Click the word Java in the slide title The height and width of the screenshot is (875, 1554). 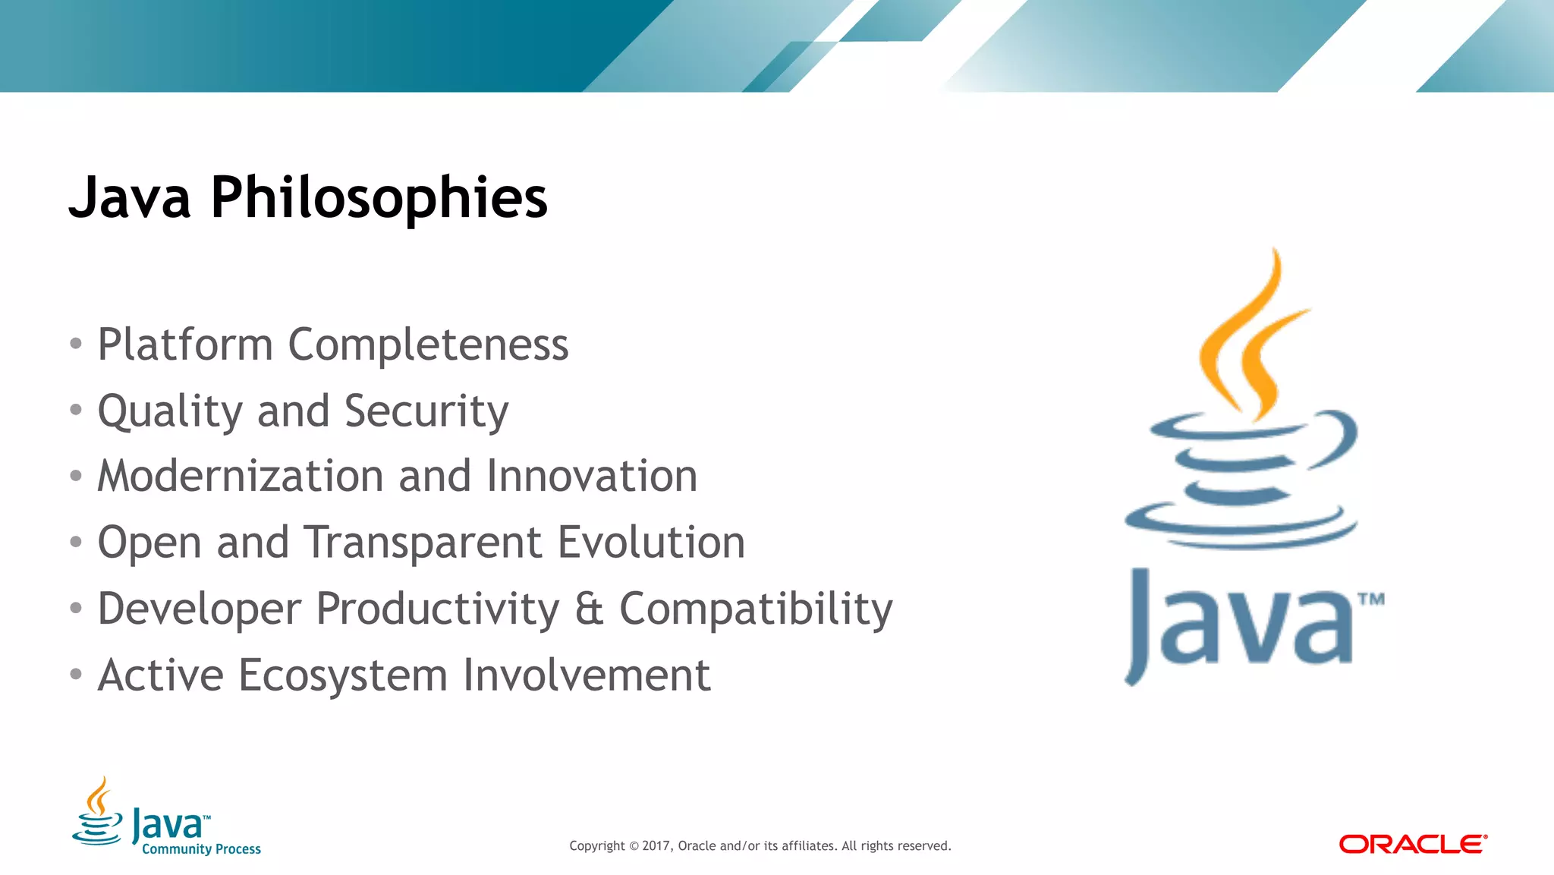[x=130, y=197]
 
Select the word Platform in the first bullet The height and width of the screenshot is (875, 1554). [x=185, y=345]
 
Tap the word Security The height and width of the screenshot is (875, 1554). [x=426, y=411]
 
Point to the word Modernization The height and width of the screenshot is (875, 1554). [x=241, y=477]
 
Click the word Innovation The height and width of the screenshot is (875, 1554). [x=591, y=477]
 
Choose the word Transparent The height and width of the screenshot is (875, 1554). [x=423, y=543]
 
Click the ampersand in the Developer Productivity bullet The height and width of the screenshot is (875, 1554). [x=589, y=609]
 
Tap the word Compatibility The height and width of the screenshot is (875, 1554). [x=756, y=609]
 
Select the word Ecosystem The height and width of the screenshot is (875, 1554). [x=343, y=675]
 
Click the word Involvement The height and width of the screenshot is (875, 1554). [x=587, y=675]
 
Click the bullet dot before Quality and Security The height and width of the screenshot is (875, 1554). [x=75, y=410]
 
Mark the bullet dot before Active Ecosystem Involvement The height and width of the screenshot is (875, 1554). [x=75, y=674]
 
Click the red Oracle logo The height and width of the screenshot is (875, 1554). [x=1412, y=844]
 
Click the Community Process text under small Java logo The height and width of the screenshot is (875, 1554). [x=201, y=849]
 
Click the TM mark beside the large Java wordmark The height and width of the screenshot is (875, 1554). [x=1370, y=600]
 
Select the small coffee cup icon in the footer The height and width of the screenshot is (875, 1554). [x=97, y=814]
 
